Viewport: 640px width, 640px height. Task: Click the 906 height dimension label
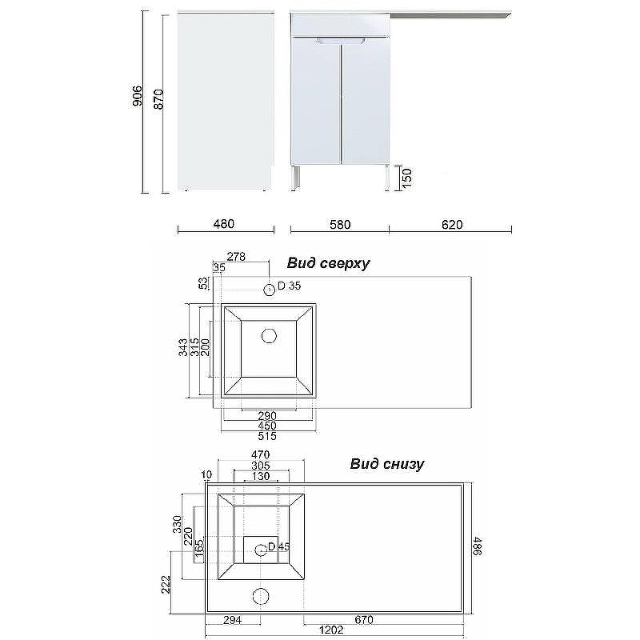[x=137, y=97]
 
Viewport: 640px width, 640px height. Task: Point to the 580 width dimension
[x=340, y=225]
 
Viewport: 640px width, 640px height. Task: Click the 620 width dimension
[x=452, y=225]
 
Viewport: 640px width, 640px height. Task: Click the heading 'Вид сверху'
[x=328, y=263]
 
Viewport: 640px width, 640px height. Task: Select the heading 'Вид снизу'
[x=386, y=464]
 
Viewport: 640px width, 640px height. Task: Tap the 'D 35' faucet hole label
[x=289, y=286]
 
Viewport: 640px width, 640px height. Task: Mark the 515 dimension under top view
[x=267, y=437]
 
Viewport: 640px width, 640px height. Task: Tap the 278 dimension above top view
[x=236, y=257]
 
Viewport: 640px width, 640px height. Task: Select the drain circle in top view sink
[x=269, y=335]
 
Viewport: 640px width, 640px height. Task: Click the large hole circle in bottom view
[x=260, y=596]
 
